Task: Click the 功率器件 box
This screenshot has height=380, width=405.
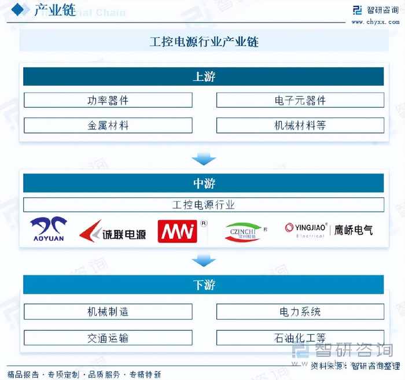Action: tap(108, 100)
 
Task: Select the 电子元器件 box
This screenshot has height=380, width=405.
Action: tap(300, 100)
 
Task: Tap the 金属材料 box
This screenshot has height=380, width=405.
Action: tap(108, 125)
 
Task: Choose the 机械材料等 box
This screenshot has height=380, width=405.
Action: tap(300, 125)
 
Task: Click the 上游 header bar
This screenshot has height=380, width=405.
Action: tap(203, 76)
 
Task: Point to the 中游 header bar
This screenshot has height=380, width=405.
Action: tap(203, 183)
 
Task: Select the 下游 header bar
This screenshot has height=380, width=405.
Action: tap(203, 285)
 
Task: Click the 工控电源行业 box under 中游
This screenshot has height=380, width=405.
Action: tap(203, 205)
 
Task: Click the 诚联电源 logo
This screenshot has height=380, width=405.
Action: tap(113, 231)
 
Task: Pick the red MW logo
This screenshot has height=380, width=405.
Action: tap(178, 231)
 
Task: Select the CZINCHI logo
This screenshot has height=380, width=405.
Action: tap(244, 231)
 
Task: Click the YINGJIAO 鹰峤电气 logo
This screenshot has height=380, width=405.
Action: tap(328, 230)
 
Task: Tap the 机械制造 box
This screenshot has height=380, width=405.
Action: tap(108, 312)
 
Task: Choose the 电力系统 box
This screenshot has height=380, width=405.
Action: tap(300, 312)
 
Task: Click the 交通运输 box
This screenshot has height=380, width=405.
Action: tap(108, 338)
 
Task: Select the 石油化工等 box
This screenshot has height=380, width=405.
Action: tap(300, 338)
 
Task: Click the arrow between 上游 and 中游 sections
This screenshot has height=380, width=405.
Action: tap(203, 158)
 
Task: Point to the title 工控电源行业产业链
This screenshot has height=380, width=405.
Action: tap(203, 42)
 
